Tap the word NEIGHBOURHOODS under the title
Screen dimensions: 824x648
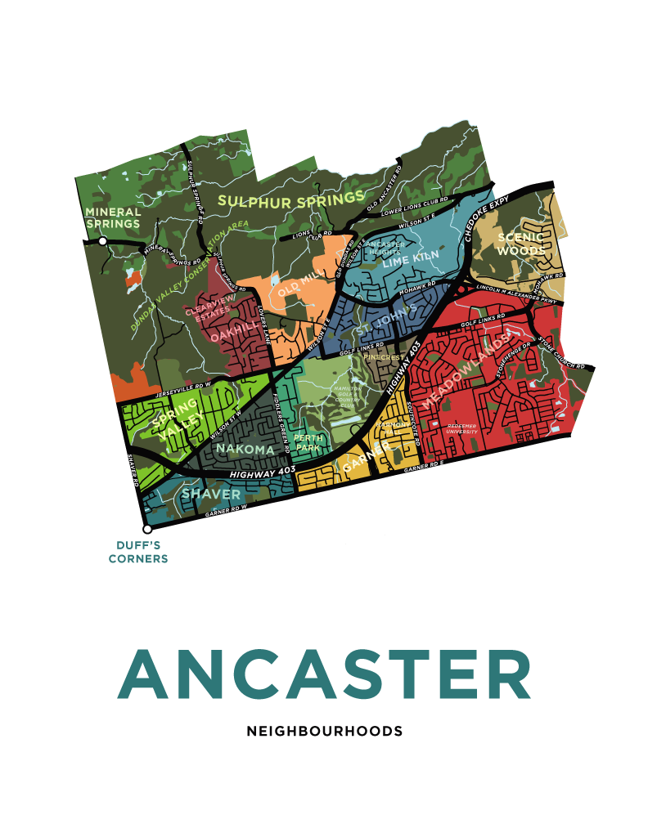point(324,731)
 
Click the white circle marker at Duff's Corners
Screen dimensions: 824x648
point(147,529)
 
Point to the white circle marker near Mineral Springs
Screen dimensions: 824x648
point(102,241)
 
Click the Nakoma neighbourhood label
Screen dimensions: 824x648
point(245,449)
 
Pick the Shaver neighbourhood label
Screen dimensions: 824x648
point(211,495)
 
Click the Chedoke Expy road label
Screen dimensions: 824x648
point(488,217)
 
